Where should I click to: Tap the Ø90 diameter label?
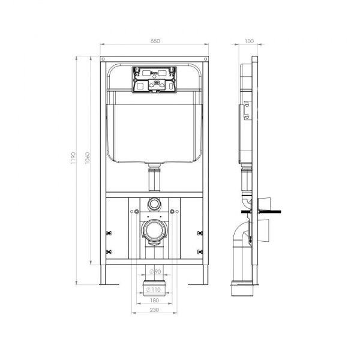(155, 272)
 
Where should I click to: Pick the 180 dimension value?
(155, 299)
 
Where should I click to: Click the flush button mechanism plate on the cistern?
(155, 79)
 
